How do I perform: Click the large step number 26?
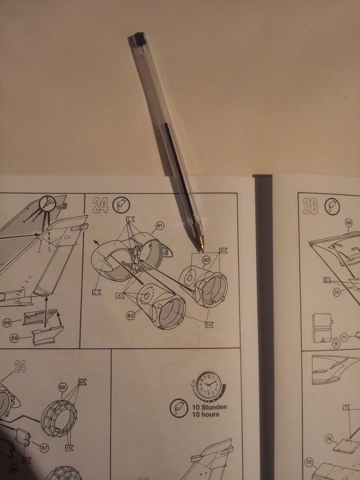(311, 206)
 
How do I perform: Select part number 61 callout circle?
(159, 226)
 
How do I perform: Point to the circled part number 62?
(206, 260)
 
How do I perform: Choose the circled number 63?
(131, 315)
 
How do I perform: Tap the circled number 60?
(7, 322)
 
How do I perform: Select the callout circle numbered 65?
(62, 388)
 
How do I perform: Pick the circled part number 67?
(45, 448)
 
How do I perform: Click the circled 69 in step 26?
(349, 223)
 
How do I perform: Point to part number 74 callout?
(329, 440)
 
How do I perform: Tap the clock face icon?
(209, 385)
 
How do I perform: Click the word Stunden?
(214, 407)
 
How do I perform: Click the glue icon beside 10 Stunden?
(179, 408)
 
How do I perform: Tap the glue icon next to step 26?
(332, 206)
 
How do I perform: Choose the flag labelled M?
(82, 382)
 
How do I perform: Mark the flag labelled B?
(327, 280)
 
